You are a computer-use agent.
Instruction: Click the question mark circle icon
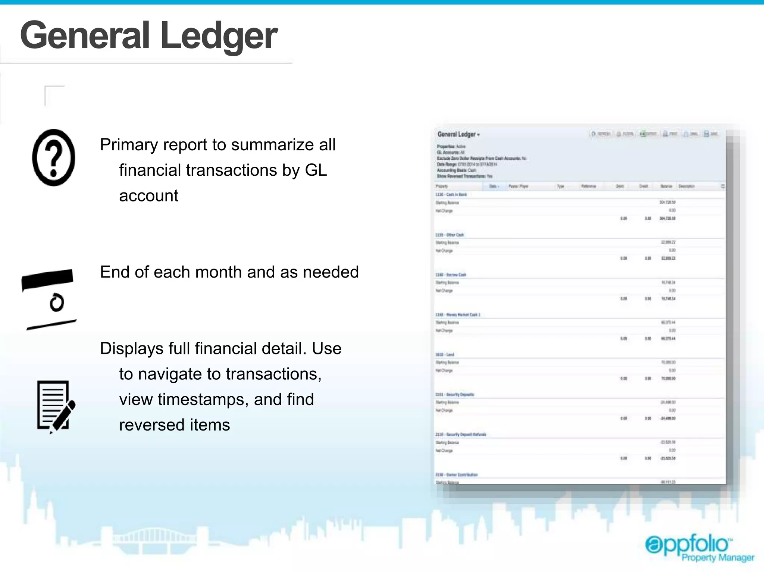click(54, 157)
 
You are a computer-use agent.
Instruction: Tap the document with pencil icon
click(56, 407)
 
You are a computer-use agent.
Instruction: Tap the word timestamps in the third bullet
click(203, 400)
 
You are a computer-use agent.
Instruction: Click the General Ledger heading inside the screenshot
click(457, 134)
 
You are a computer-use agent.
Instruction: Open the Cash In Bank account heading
click(451, 195)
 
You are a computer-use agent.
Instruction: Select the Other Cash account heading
click(450, 235)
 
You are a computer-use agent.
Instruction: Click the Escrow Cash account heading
click(451, 275)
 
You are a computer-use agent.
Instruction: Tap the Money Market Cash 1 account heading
click(458, 315)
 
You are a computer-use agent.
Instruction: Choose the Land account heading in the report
click(445, 355)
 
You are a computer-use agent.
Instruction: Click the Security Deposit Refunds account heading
click(461, 435)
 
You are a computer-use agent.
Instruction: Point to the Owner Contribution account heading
click(457, 475)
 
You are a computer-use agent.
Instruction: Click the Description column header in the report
click(686, 186)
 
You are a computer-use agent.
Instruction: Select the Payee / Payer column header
click(518, 186)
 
